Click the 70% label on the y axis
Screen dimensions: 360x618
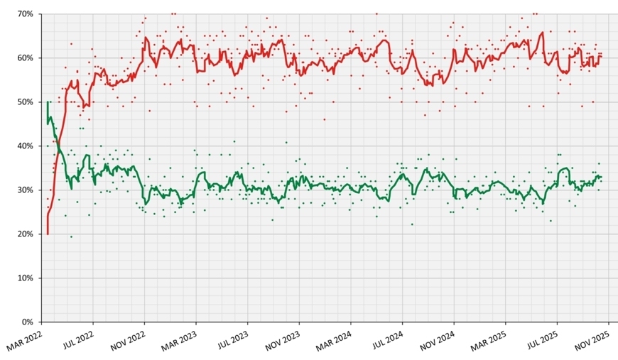(x=25, y=13)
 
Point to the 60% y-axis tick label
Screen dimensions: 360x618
(x=25, y=58)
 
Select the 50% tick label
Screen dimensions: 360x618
(x=25, y=102)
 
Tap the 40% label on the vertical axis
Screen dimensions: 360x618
(x=25, y=146)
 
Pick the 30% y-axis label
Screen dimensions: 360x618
(x=25, y=190)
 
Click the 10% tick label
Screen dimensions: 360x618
(x=25, y=278)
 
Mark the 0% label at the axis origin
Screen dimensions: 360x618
(x=27, y=322)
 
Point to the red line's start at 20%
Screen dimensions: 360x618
(x=48, y=234)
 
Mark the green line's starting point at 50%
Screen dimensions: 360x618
(x=48, y=102)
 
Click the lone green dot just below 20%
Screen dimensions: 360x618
(x=71, y=236)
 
